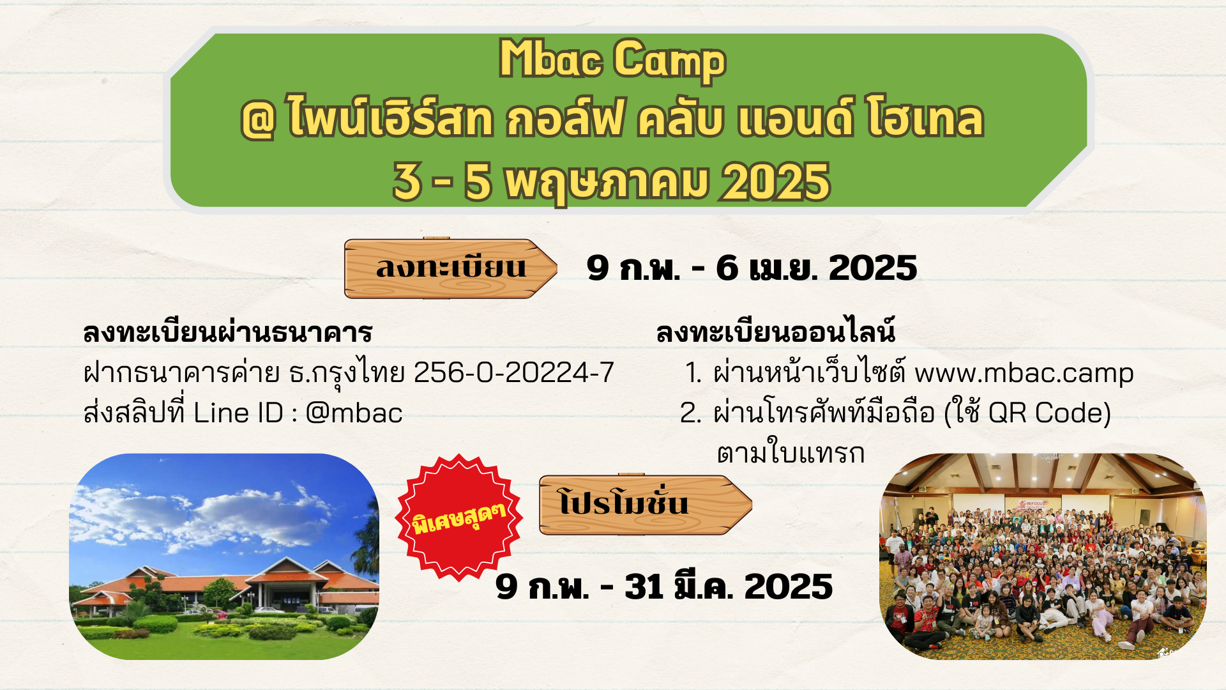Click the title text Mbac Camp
click(612, 59)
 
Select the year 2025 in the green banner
click(776, 183)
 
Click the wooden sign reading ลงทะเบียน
click(450, 268)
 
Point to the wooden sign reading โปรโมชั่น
click(646, 505)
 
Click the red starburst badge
click(459, 517)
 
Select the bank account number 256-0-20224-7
click(514, 372)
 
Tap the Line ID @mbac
click(354, 413)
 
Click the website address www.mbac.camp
click(1024, 374)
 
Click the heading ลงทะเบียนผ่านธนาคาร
click(227, 332)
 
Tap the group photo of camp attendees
click(1043, 556)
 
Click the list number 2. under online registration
click(691, 413)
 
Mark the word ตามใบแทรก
click(791, 453)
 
